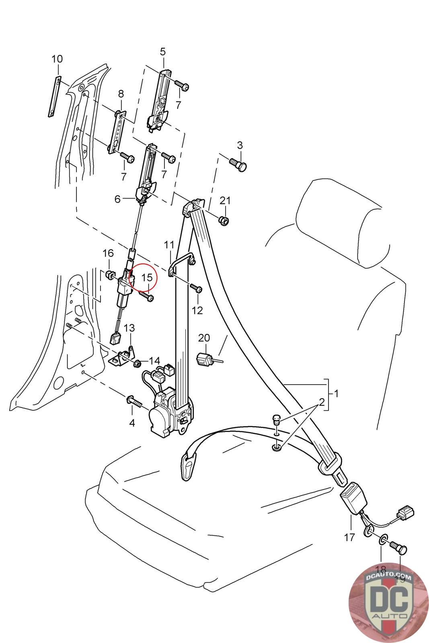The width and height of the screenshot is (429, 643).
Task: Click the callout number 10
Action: click(x=57, y=59)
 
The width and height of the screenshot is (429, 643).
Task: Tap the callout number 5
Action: click(x=163, y=51)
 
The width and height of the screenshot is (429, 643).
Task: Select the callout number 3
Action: click(x=240, y=145)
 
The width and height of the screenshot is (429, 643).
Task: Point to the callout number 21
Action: click(x=225, y=201)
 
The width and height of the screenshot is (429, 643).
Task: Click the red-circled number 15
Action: click(x=147, y=277)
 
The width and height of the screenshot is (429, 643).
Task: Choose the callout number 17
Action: click(x=350, y=537)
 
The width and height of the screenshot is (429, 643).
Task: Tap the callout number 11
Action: click(x=169, y=244)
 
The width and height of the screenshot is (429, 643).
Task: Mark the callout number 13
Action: click(x=129, y=328)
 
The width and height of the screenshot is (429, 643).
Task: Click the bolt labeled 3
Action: click(x=238, y=163)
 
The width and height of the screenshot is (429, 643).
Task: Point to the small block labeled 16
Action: click(x=109, y=275)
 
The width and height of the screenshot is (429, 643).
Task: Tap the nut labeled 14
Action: click(x=136, y=363)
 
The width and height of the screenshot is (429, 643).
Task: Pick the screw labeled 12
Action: click(x=196, y=289)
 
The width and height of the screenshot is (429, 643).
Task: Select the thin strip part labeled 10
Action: click(x=54, y=97)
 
